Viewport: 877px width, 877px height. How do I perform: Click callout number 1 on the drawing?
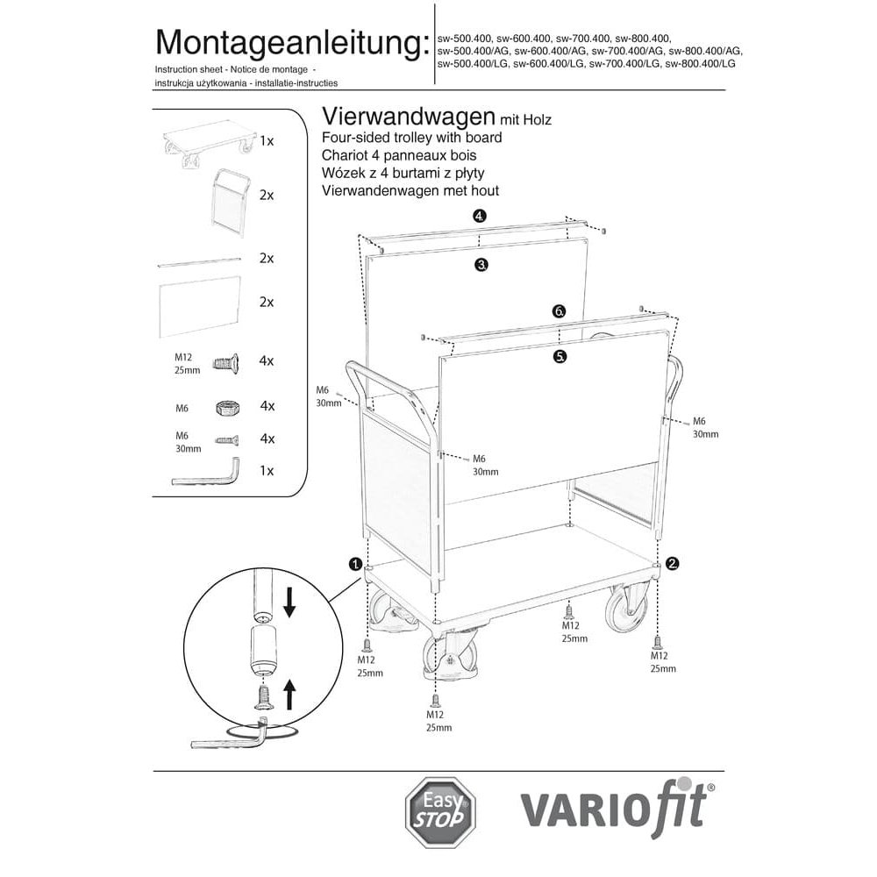(356, 563)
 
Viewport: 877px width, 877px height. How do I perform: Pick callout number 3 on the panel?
(481, 263)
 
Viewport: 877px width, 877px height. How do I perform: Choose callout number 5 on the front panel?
(560, 356)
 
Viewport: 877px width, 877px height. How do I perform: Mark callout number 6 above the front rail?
(560, 311)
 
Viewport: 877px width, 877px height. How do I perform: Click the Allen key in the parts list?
(207, 474)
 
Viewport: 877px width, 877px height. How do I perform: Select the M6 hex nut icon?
(227, 407)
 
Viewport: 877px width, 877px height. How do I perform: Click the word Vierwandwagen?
(409, 117)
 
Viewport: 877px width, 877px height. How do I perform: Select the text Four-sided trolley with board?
(412, 138)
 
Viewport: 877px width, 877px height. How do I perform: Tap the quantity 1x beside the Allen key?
(267, 470)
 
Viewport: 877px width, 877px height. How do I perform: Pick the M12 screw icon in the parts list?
(225, 360)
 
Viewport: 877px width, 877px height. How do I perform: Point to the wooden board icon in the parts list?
(200, 303)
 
